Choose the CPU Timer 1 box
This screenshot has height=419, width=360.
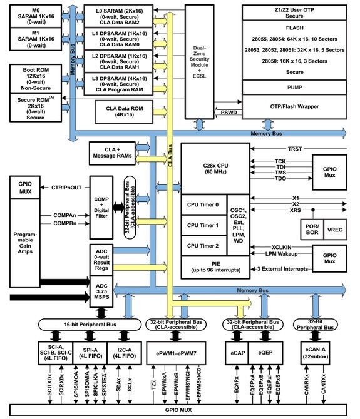tap(203, 225)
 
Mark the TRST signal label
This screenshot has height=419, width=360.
tap(295, 149)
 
